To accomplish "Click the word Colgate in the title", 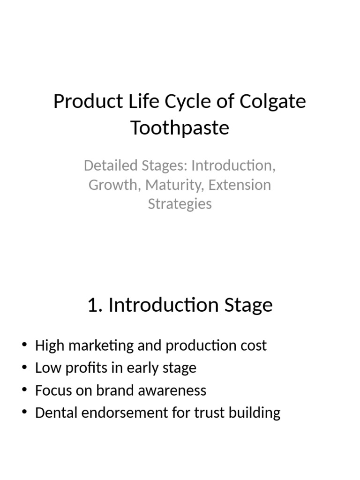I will tap(272, 102).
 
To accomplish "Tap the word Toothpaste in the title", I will tap(180, 127).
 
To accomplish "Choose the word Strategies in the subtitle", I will tap(180, 204).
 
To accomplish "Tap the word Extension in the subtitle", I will tap(240, 185).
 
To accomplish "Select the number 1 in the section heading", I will tap(92, 305).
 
